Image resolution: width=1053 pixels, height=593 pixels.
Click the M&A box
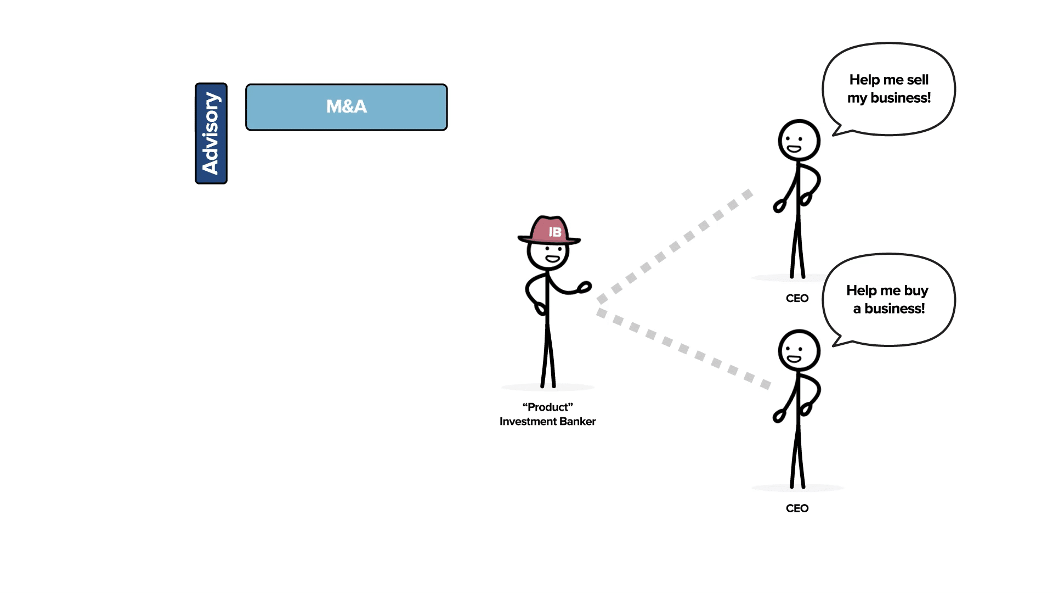(x=346, y=107)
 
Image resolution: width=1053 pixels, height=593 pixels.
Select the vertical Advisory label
(x=211, y=133)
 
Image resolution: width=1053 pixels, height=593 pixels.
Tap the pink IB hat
(x=548, y=230)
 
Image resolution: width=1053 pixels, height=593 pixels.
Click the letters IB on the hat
(x=555, y=232)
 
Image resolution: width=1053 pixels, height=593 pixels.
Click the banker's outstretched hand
(x=585, y=287)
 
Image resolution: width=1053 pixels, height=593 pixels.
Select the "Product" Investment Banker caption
(x=547, y=414)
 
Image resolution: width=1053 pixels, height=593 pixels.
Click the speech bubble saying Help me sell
(x=888, y=88)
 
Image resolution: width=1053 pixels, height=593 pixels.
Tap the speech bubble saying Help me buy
(x=888, y=299)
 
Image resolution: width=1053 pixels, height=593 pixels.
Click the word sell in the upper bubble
(x=917, y=80)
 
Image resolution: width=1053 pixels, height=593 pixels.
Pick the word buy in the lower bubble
(x=916, y=290)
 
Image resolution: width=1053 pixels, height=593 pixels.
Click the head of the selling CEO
(x=799, y=141)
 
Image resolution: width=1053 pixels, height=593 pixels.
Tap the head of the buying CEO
(x=799, y=350)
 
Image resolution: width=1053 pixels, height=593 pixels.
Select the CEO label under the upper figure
(x=797, y=298)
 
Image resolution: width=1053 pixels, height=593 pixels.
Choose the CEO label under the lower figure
(x=797, y=508)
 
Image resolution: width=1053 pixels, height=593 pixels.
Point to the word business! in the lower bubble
(x=895, y=309)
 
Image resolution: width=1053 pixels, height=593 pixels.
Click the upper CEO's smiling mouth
(x=794, y=149)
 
